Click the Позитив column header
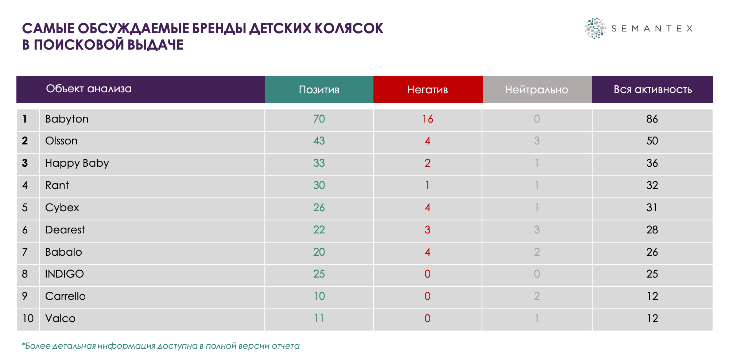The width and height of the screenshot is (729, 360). click(319, 90)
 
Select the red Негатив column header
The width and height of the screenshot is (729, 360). click(427, 90)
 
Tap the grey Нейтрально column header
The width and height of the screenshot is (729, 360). click(536, 90)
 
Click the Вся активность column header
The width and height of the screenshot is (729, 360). click(652, 90)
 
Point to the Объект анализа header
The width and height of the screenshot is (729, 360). click(89, 89)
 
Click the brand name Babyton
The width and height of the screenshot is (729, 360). click(67, 119)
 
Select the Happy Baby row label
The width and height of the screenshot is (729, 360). click(77, 163)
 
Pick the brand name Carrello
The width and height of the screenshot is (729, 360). click(65, 296)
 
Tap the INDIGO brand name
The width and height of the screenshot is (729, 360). click(64, 274)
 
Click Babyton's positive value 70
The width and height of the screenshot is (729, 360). click(319, 119)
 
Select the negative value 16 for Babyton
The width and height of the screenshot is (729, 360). click(427, 119)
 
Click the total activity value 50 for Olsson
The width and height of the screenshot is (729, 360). click(652, 141)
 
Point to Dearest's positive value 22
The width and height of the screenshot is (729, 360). click(319, 230)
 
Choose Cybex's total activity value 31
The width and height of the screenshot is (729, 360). click(652, 208)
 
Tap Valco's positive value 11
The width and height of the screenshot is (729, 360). click(319, 318)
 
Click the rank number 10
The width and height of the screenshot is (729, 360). click(28, 318)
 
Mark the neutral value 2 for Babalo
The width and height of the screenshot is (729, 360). click(536, 252)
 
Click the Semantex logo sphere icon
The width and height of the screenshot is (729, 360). click(595, 28)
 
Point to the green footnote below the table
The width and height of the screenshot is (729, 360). click(160, 346)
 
